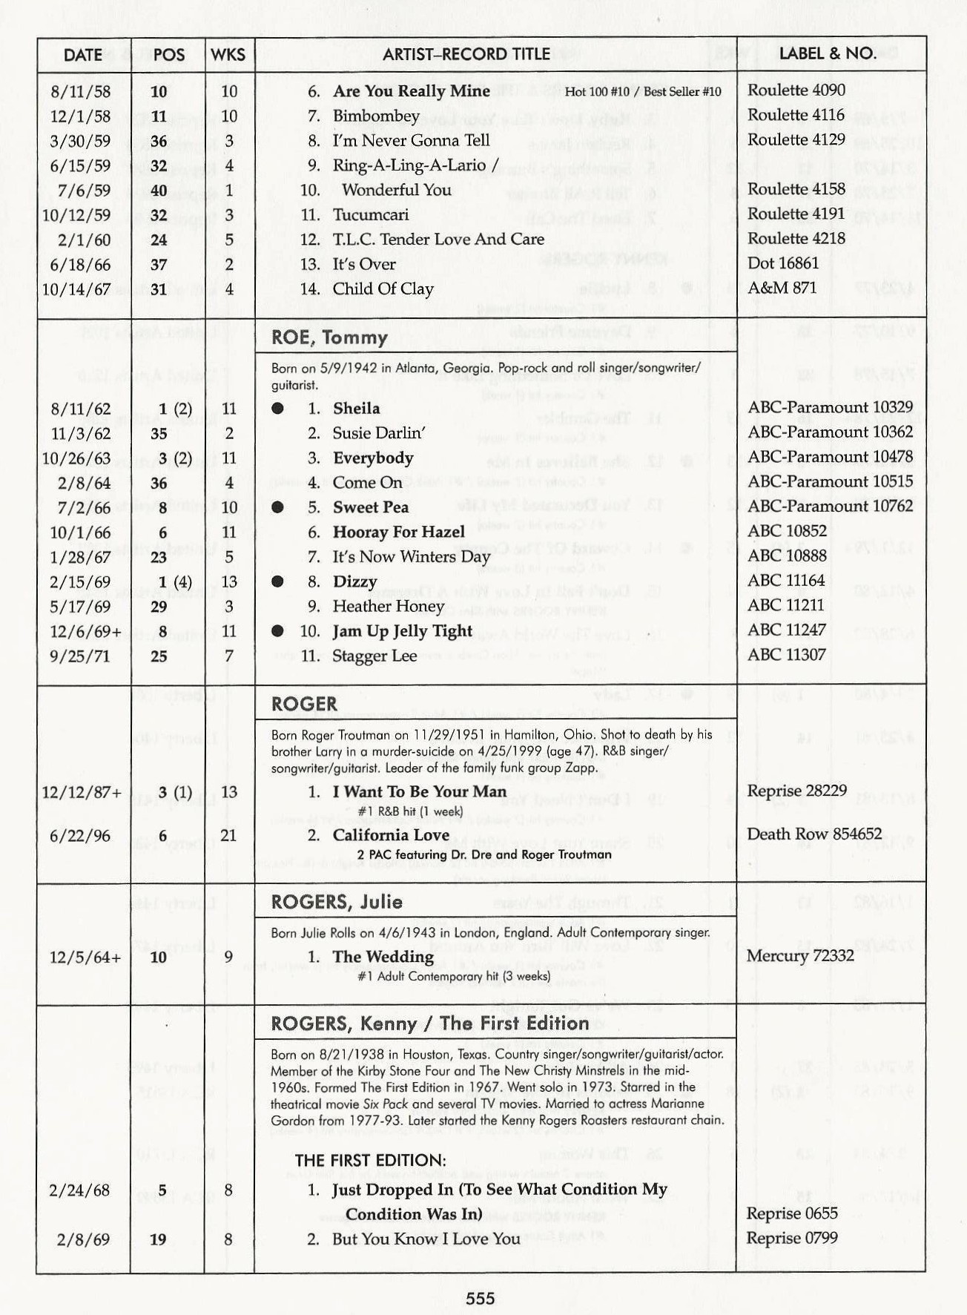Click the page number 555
coord(480,1297)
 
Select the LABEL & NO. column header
coord(827,53)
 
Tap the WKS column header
coord(228,54)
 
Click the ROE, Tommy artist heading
coord(329,337)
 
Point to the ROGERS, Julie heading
coord(337,902)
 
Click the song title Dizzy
coord(354,581)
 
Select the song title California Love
coord(391,835)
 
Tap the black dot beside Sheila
coord(277,408)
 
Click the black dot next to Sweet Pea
coord(277,507)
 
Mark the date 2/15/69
coord(80,581)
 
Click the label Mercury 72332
coord(799,955)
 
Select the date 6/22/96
coord(80,836)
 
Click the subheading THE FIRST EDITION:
coord(370,1160)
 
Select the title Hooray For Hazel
coord(398,532)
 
